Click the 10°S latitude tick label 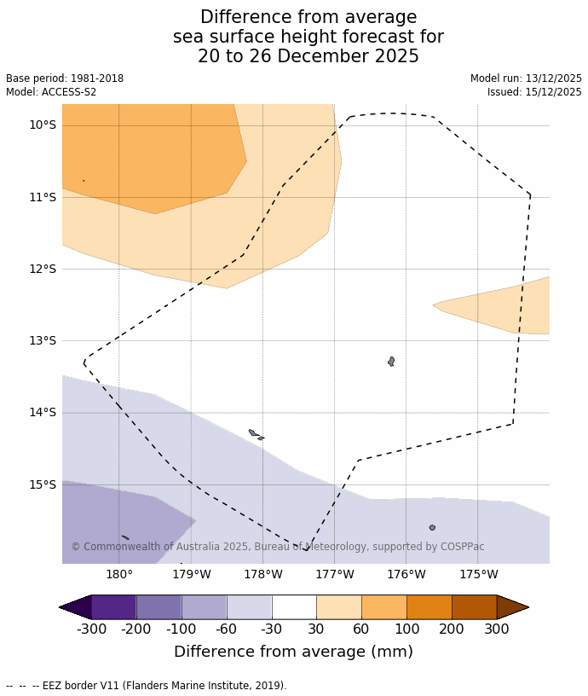tap(43, 125)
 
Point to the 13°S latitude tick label tap(43, 340)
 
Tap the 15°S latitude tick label tap(43, 484)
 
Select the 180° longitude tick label tap(119, 574)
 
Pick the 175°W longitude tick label tap(478, 574)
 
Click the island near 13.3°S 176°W tap(391, 362)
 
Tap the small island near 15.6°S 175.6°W tap(432, 528)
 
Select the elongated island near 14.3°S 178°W tap(253, 433)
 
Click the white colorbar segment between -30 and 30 tap(294, 607)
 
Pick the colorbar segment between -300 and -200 tap(113, 607)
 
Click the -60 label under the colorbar tap(227, 629)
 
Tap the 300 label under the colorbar tap(497, 629)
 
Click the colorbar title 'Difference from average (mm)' tap(293, 652)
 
